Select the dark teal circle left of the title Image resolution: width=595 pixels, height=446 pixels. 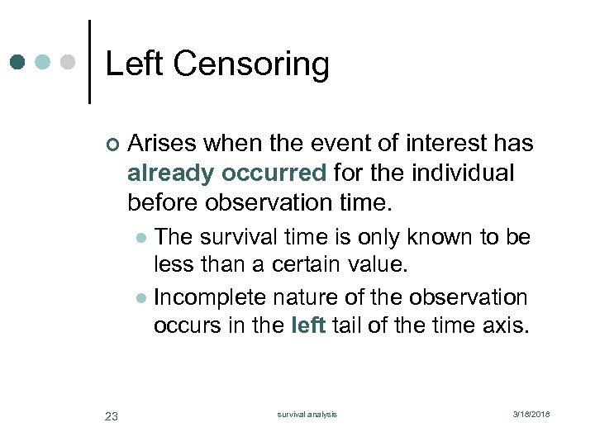19,63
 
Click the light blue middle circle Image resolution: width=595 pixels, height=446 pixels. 43,63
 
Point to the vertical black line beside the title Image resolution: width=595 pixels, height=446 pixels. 89,63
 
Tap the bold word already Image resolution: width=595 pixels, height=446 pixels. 169,173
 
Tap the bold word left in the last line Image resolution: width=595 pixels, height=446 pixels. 308,325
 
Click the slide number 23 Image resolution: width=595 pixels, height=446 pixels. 112,415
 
